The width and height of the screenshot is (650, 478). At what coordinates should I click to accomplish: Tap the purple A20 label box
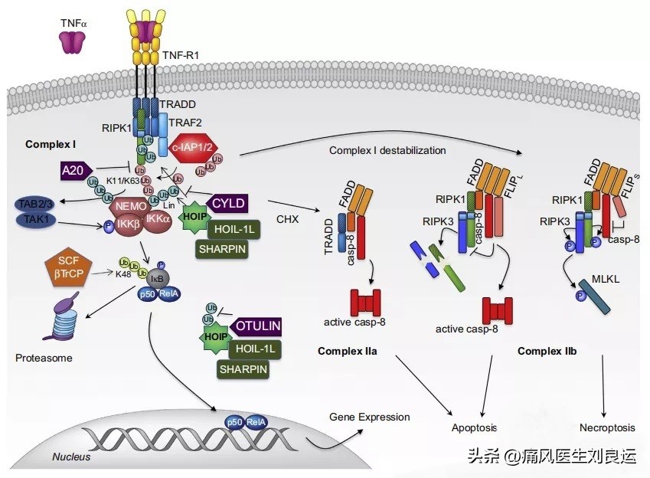pyautogui.click(x=75, y=169)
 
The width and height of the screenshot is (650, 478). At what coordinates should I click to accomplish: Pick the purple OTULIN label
pyautogui.click(x=256, y=326)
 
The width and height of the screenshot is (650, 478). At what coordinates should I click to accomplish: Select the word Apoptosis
pyautogui.click(x=474, y=428)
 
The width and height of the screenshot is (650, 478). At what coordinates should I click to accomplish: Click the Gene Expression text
pyautogui.click(x=369, y=417)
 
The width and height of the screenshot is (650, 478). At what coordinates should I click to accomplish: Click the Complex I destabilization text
pyautogui.click(x=387, y=150)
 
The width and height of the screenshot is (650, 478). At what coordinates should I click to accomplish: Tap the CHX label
pyautogui.click(x=287, y=219)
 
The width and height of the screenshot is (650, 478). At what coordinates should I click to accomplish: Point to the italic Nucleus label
pyautogui.click(x=71, y=457)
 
